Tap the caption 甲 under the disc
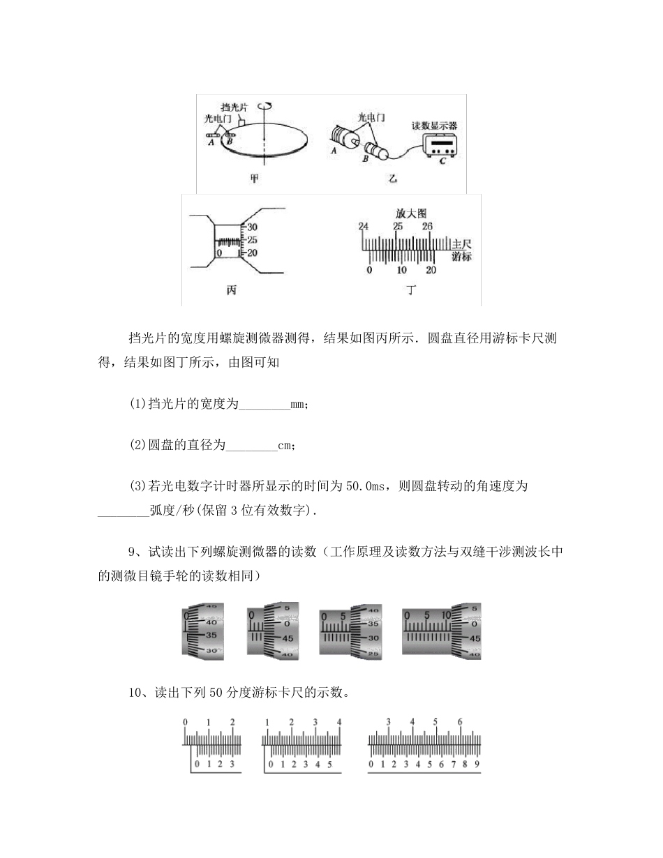(254, 179)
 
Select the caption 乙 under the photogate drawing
(393, 179)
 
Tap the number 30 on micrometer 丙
(253, 227)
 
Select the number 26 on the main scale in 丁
(427, 226)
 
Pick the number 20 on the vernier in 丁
(431, 271)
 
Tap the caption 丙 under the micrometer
(232, 289)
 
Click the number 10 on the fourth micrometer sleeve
(447, 616)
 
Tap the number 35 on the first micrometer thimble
(212, 635)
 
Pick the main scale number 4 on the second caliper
(339, 722)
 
